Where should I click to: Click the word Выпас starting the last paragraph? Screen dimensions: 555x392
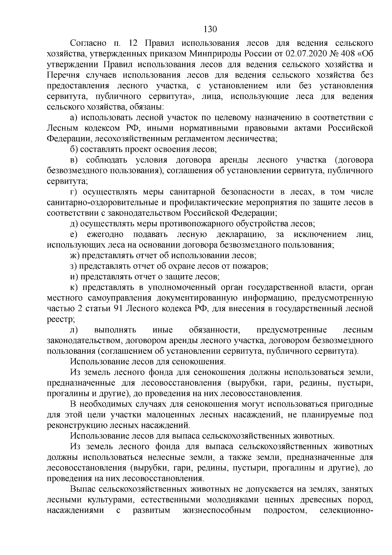82,490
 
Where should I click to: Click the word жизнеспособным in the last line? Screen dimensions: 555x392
217,511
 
